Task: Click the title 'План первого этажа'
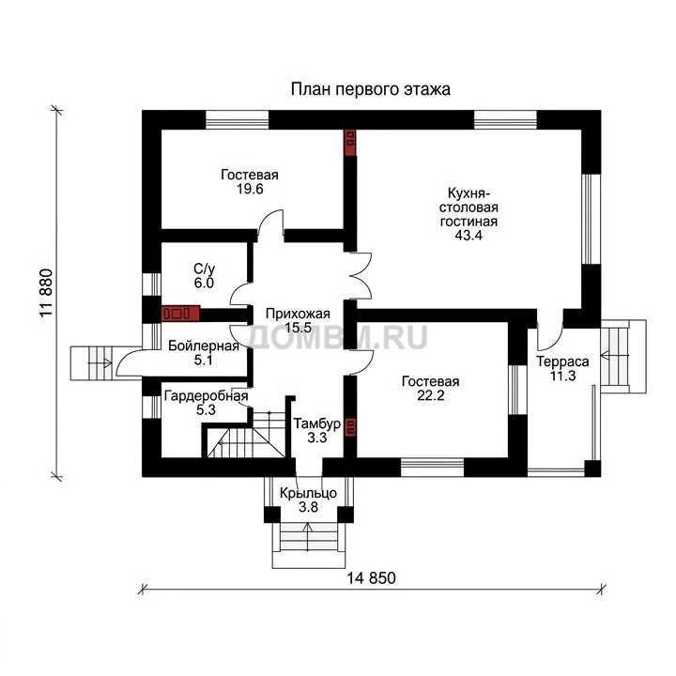(x=370, y=89)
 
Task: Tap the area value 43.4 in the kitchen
(x=469, y=235)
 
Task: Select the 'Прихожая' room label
(x=298, y=314)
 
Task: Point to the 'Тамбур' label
(x=317, y=423)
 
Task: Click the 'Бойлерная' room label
(x=204, y=346)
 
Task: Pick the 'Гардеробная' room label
(x=206, y=396)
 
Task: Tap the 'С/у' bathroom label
(x=204, y=269)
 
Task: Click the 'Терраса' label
(x=562, y=361)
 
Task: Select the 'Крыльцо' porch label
(x=308, y=493)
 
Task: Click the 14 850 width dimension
(x=371, y=577)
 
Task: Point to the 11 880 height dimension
(x=46, y=293)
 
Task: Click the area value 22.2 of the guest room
(x=430, y=395)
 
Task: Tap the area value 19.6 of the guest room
(x=250, y=189)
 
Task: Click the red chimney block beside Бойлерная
(x=180, y=314)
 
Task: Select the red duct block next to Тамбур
(x=350, y=427)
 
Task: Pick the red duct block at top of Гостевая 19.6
(x=350, y=143)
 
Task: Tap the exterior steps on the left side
(x=91, y=363)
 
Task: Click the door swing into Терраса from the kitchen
(x=549, y=337)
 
